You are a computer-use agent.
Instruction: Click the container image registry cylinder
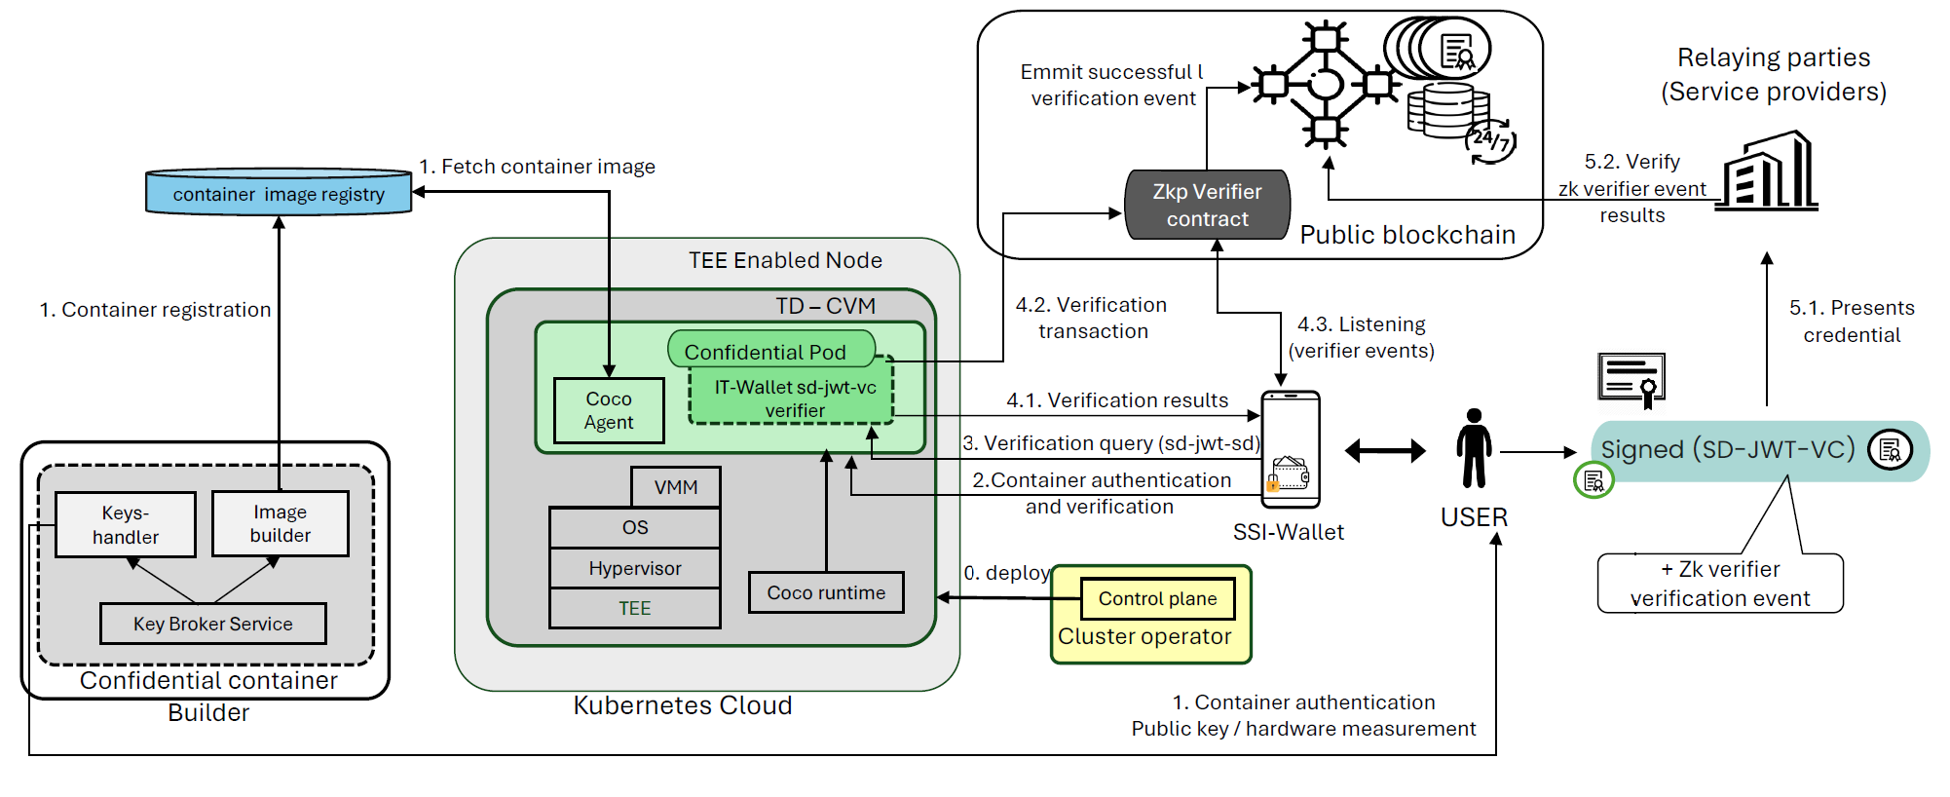(x=279, y=193)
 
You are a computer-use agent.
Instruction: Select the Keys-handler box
(x=126, y=524)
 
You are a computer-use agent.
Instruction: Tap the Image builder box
(x=281, y=523)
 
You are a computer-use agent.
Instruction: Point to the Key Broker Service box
(x=213, y=624)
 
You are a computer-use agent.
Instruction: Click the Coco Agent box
(x=609, y=410)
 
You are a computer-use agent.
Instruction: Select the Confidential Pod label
(x=766, y=351)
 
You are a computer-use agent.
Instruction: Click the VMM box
(x=676, y=487)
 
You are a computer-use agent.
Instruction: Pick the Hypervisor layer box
(x=635, y=568)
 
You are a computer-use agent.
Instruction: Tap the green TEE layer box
(x=635, y=608)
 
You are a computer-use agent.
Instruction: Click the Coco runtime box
(x=826, y=592)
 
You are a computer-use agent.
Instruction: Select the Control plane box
(x=1157, y=598)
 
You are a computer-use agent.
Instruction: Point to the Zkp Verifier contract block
(x=1207, y=205)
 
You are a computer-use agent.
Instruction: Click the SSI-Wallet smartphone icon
(x=1291, y=450)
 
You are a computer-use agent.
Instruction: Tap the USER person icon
(x=1474, y=448)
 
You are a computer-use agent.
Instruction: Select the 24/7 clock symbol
(x=1490, y=141)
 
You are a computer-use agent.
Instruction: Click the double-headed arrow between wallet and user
(x=1385, y=450)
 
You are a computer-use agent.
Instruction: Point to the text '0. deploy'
(x=1006, y=573)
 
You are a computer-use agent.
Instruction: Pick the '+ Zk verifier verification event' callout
(x=1720, y=583)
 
